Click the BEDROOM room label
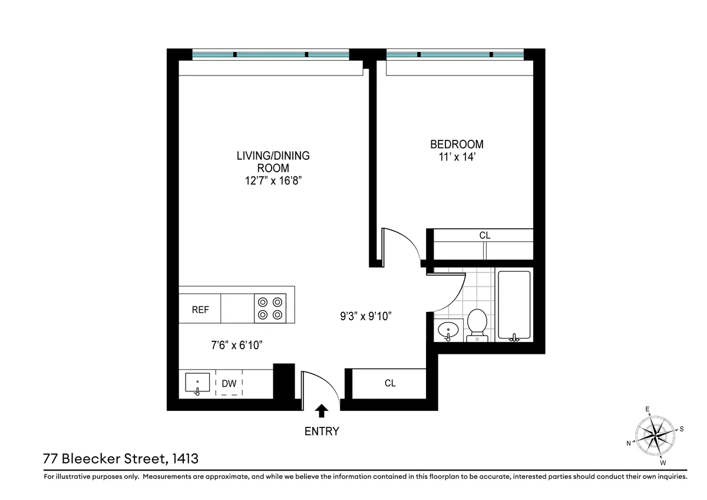pos(457,144)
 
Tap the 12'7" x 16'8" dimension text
pos(273,181)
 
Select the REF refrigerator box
pos(200,310)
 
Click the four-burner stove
pos(270,308)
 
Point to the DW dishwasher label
pos(229,384)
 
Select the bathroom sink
pos(449,330)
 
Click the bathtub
pos(514,305)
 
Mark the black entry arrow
pos(322,410)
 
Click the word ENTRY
pos(322,432)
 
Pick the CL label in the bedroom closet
pos(484,235)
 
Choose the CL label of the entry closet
pos(390,383)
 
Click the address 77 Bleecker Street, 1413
pos(120,458)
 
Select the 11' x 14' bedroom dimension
pos(457,157)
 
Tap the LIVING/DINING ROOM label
pos(273,162)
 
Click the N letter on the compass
pos(629,443)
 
